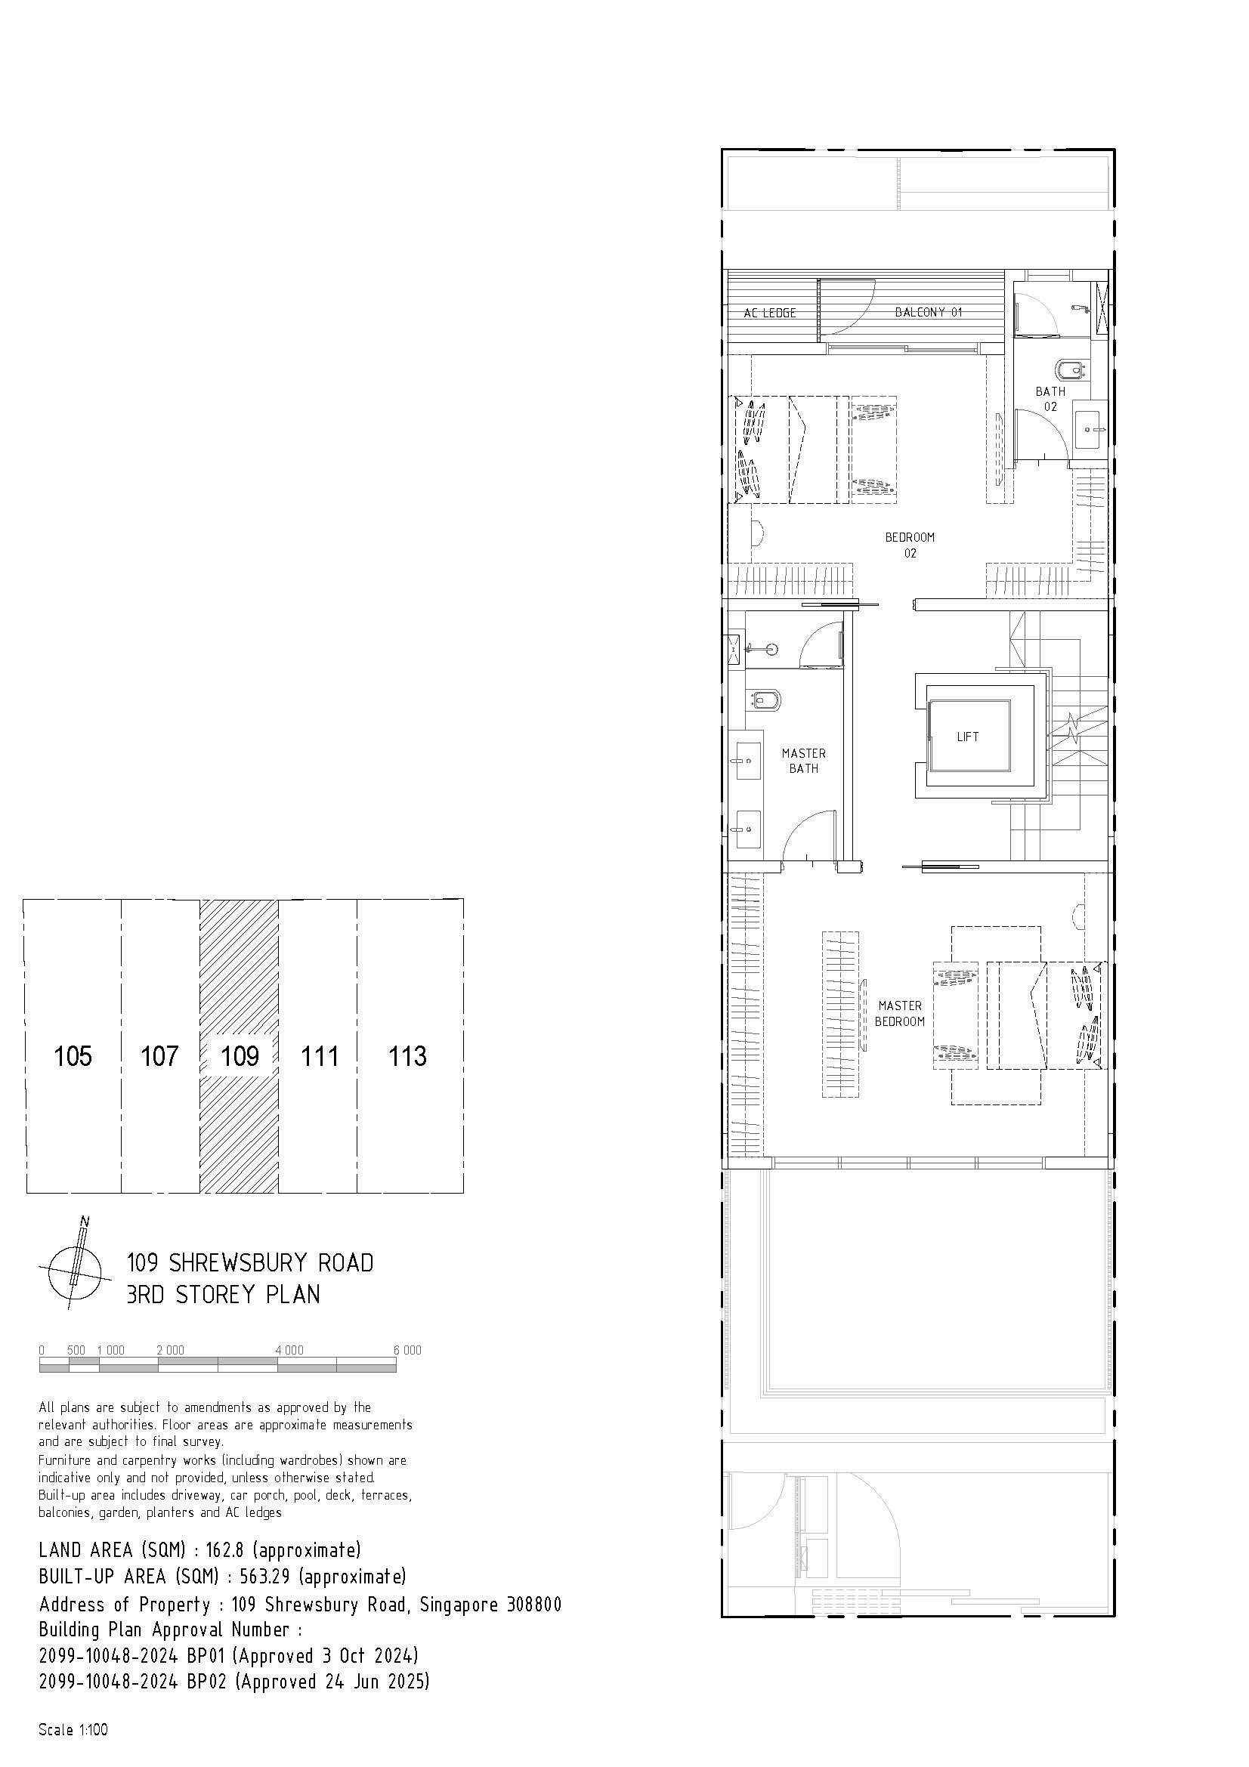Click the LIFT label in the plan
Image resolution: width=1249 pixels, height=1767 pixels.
click(967, 737)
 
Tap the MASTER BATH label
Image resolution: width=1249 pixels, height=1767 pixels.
click(803, 761)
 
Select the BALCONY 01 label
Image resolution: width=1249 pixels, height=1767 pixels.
click(928, 312)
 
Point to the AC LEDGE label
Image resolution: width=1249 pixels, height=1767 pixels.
click(769, 314)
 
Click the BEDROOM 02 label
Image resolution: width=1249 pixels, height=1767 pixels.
click(910, 545)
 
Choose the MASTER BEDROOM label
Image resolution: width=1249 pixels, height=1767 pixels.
click(900, 1014)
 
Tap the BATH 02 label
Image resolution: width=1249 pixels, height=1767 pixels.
click(1050, 399)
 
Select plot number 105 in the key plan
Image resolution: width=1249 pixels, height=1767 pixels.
click(73, 1056)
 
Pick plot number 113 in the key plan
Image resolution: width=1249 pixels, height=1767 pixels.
click(407, 1056)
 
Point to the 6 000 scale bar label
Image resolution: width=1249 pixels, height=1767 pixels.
click(407, 1350)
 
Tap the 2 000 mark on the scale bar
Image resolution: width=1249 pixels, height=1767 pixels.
click(170, 1350)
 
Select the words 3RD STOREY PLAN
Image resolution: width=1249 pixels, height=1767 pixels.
click(223, 1293)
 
